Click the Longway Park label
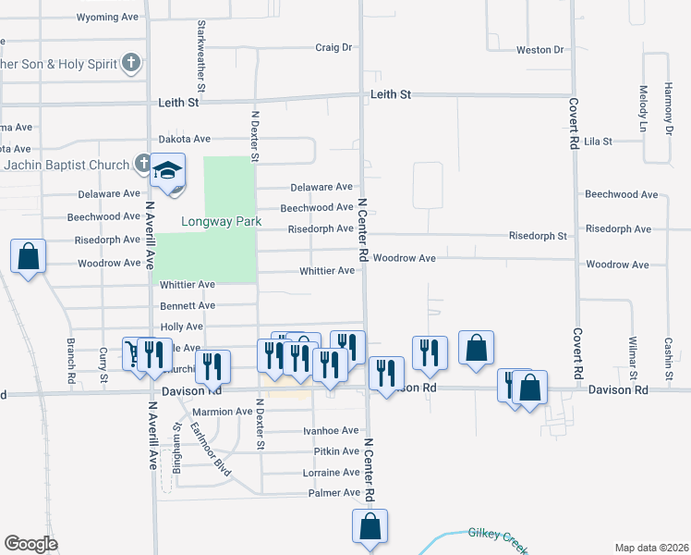click(x=209, y=222)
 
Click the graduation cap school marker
click(x=168, y=172)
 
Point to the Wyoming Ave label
click(x=106, y=18)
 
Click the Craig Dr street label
click(x=334, y=47)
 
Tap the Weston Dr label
click(x=539, y=49)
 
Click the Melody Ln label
click(x=642, y=102)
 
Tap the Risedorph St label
click(x=538, y=237)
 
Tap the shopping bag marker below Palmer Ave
click(x=370, y=527)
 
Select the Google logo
click(x=30, y=544)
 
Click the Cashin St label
click(x=667, y=355)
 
